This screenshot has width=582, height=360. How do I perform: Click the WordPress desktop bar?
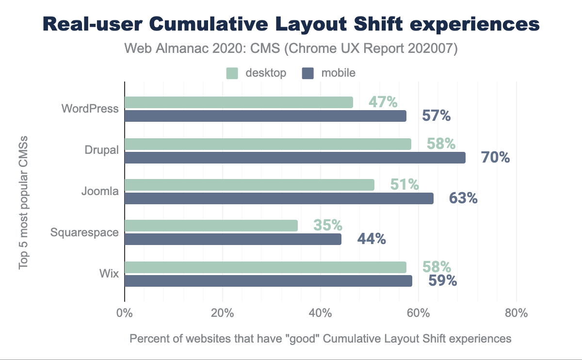point(239,102)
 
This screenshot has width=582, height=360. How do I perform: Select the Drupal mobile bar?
point(295,158)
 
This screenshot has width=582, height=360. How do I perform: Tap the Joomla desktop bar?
point(249,185)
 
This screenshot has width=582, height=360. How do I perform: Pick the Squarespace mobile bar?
point(233,239)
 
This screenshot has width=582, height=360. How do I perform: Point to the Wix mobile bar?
point(268,281)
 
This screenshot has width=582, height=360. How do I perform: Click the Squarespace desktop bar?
point(211,226)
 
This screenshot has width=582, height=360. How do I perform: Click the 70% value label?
point(495,157)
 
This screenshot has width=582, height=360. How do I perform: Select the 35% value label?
point(328,226)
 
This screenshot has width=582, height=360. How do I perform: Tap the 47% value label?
point(383,102)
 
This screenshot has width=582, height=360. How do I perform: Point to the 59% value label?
point(442,281)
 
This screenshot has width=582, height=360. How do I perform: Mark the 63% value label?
point(463,198)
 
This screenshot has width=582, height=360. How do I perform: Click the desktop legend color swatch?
point(233,73)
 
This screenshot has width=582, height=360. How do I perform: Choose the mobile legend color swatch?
point(308,73)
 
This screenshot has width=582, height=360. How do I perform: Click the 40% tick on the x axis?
point(320,313)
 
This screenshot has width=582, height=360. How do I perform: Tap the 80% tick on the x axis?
point(516,313)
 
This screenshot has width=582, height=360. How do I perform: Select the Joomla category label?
point(100,191)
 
